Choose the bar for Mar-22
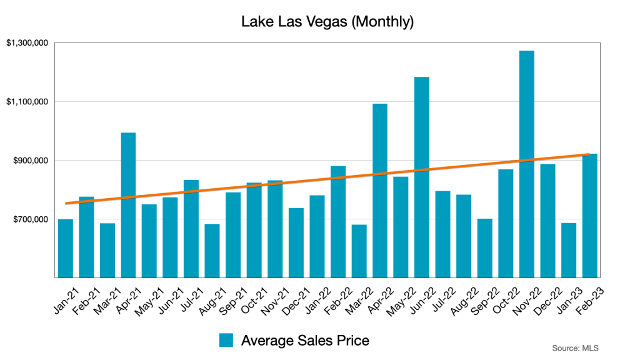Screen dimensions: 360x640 pos(359,251)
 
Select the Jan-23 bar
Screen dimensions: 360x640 pos(569,250)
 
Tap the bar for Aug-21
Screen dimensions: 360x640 pos(212,251)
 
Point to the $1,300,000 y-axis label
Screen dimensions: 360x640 pos(27,43)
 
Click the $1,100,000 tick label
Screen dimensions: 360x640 pos(27,102)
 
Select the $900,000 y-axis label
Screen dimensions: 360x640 pos(30,161)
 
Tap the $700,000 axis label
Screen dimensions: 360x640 pos(30,219)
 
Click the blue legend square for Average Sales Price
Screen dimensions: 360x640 pos(226,340)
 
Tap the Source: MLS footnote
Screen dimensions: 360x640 pos(571,347)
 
